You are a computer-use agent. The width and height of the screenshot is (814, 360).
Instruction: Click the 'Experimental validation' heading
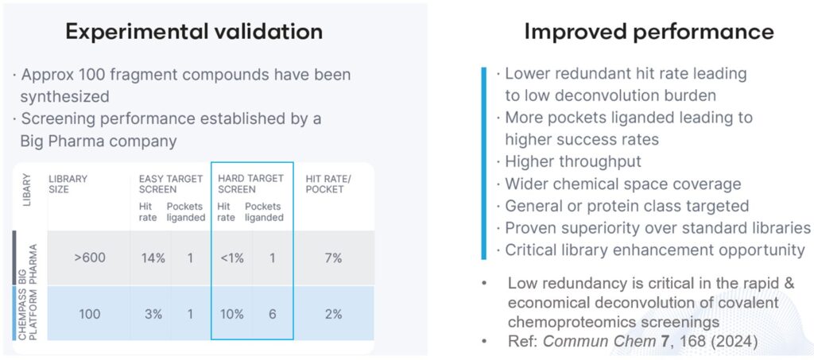(194, 32)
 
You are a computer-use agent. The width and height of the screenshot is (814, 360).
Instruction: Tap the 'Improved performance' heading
(649, 32)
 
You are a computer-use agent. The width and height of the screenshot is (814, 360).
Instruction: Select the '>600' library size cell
(90, 258)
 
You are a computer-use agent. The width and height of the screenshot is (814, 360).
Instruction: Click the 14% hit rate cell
(151, 258)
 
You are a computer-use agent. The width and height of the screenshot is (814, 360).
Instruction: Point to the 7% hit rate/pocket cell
(334, 258)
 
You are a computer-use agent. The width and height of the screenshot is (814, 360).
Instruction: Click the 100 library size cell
(90, 314)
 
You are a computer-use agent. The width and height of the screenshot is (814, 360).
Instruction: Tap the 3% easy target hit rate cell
(151, 314)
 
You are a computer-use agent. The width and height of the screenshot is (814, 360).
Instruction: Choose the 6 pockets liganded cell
(272, 314)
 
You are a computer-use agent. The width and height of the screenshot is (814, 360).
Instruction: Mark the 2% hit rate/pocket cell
(334, 314)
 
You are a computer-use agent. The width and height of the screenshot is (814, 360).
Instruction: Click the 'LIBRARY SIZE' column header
(68, 184)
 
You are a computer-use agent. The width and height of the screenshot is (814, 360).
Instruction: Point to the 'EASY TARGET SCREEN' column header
(159, 184)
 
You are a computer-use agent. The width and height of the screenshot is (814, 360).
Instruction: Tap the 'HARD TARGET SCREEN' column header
(250, 184)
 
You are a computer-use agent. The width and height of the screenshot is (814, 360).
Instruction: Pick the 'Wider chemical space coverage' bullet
(623, 184)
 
